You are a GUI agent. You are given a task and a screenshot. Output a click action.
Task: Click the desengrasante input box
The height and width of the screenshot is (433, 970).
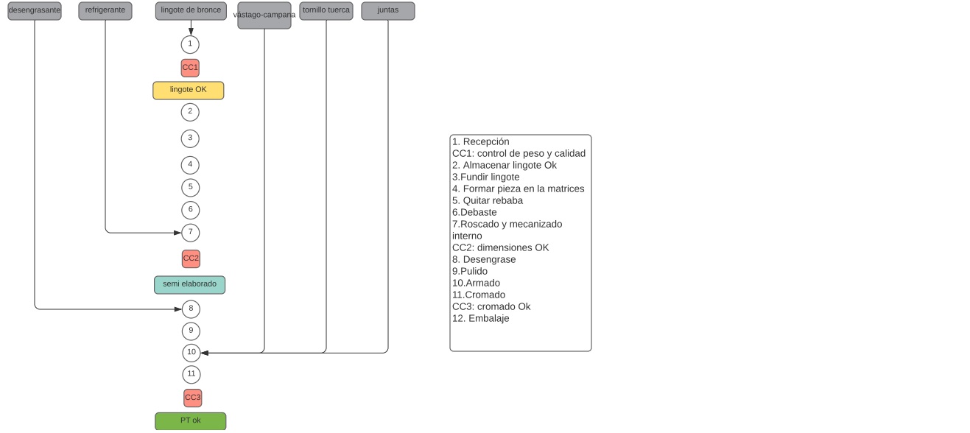click(35, 11)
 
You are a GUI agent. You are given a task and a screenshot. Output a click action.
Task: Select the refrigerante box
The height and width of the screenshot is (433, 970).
click(105, 11)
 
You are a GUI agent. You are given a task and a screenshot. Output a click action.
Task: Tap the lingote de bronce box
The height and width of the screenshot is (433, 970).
click(191, 11)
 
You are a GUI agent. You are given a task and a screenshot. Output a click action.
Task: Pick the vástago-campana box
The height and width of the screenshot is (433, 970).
click(264, 15)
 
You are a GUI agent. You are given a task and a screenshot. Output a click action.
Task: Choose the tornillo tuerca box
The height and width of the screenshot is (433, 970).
click(326, 11)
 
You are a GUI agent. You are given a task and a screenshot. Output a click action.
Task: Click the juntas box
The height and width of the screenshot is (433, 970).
click(388, 11)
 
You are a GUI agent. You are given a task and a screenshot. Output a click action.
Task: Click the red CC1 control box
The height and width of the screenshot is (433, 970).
click(190, 68)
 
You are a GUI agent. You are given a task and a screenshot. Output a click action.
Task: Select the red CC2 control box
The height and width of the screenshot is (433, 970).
click(191, 259)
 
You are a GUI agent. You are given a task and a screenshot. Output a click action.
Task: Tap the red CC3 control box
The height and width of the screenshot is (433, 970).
click(193, 398)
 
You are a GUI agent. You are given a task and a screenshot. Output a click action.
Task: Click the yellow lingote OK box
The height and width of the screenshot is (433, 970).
click(189, 91)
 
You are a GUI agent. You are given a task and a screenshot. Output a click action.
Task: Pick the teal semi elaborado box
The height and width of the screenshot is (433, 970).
click(190, 285)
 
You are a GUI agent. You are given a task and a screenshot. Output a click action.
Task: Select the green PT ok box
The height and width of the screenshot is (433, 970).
click(191, 421)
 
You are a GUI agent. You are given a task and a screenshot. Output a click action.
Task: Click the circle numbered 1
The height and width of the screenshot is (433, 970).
click(190, 45)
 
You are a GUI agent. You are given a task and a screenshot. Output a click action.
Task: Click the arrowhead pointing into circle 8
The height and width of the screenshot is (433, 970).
click(178, 309)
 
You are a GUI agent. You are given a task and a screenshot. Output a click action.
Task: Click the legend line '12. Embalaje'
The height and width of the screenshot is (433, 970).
click(481, 319)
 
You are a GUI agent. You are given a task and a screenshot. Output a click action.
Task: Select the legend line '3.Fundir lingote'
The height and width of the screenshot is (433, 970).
click(486, 177)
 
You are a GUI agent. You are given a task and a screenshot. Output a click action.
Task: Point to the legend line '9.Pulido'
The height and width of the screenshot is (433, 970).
click(470, 272)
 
